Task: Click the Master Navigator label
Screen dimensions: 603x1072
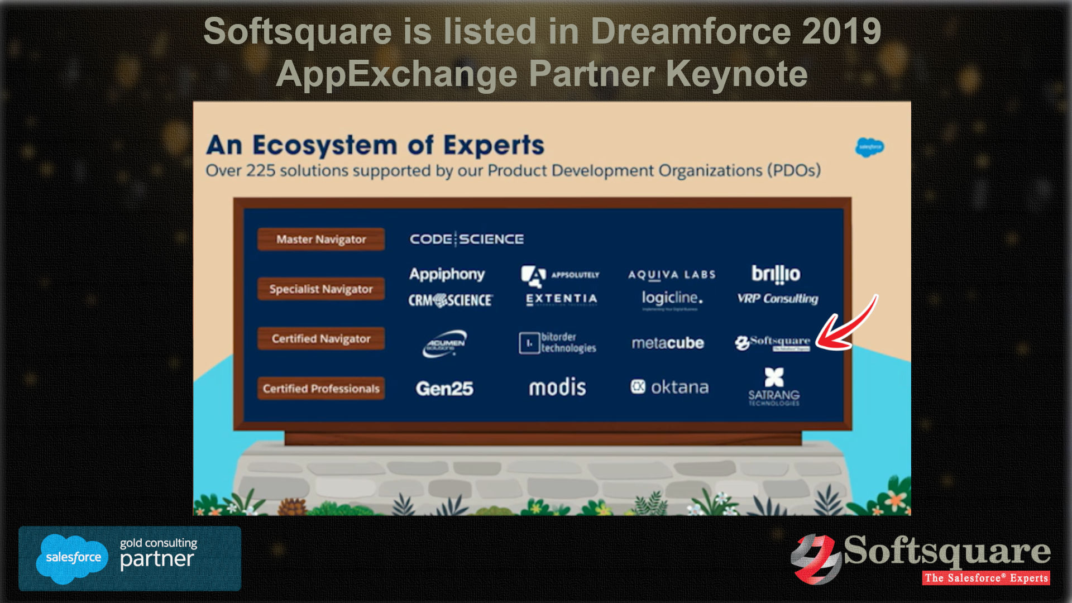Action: pyautogui.click(x=321, y=240)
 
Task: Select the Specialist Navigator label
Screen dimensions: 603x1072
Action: pyautogui.click(x=321, y=289)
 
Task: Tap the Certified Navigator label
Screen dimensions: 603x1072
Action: pyautogui.click(x=321, y=339)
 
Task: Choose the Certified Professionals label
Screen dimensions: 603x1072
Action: pyautogui.click(x=321, y=389)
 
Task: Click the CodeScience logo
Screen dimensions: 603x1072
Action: pyautogui.click(x=467, y=240)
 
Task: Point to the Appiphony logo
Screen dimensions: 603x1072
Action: pyautogui.click(x=447, y=274)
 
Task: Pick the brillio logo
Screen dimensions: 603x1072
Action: pyautogui.click(x=776, y=274)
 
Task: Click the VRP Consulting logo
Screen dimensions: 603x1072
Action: pyautogui.click(x=777, y=299)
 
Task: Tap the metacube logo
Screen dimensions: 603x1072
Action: pyautogui.click(x=667, y=343)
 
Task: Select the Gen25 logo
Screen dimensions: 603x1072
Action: pyautogui.click(x=444, y=389)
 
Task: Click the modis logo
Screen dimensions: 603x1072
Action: pyautogui.click(x=557, y=387)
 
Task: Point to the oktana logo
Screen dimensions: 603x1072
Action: pyautogui.click(x=670, y=387)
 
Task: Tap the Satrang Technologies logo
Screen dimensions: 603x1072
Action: pyautogui.click(x=774, y=386)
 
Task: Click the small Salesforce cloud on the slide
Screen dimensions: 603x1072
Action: pyautogui.click(x=869, y=147)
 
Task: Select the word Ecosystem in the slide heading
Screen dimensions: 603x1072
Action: pyautogui.click(x=324, y=145)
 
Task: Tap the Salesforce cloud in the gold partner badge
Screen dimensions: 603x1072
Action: pyautogui.click(x=73, y=558)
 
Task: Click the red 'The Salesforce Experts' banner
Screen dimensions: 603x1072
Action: pyautogui.click(x=986, y=578)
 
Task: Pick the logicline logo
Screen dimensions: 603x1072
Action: pyautogui.click(x=672, y=298)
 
